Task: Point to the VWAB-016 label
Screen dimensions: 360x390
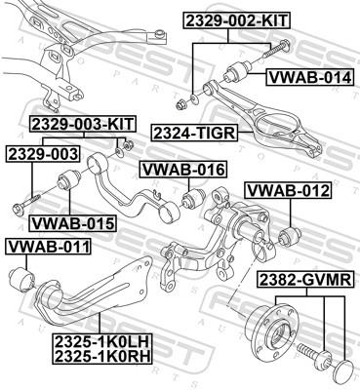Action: pyautogui.click(x=183, y=170)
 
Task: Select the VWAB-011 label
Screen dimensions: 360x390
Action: pyautogui.click(x=49, y=247)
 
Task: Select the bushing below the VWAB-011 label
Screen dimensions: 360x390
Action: pyautogui.click(x=20, y=282)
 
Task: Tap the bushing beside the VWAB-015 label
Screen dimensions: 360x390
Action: pyautogui.click(x=72, y=183)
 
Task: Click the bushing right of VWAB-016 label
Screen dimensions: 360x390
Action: pyautogui.click(x=193, y=200)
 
